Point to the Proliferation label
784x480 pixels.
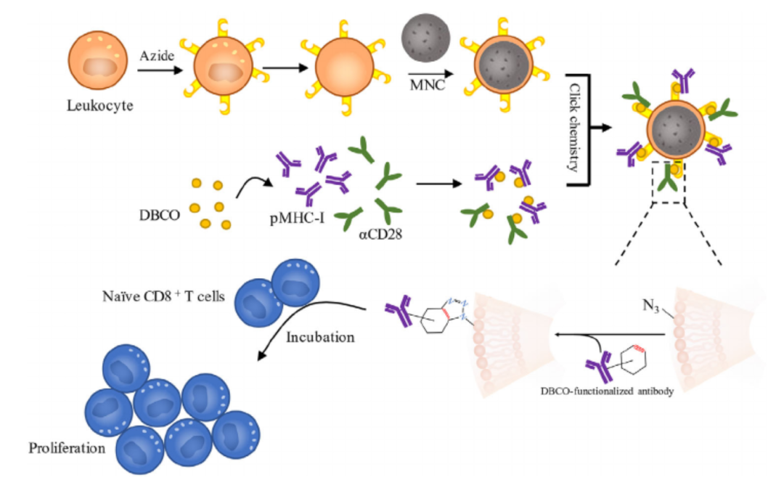tap(67, 447)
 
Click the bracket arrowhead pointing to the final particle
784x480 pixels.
tap(603, 129)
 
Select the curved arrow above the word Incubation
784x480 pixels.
tap(305, 320)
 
